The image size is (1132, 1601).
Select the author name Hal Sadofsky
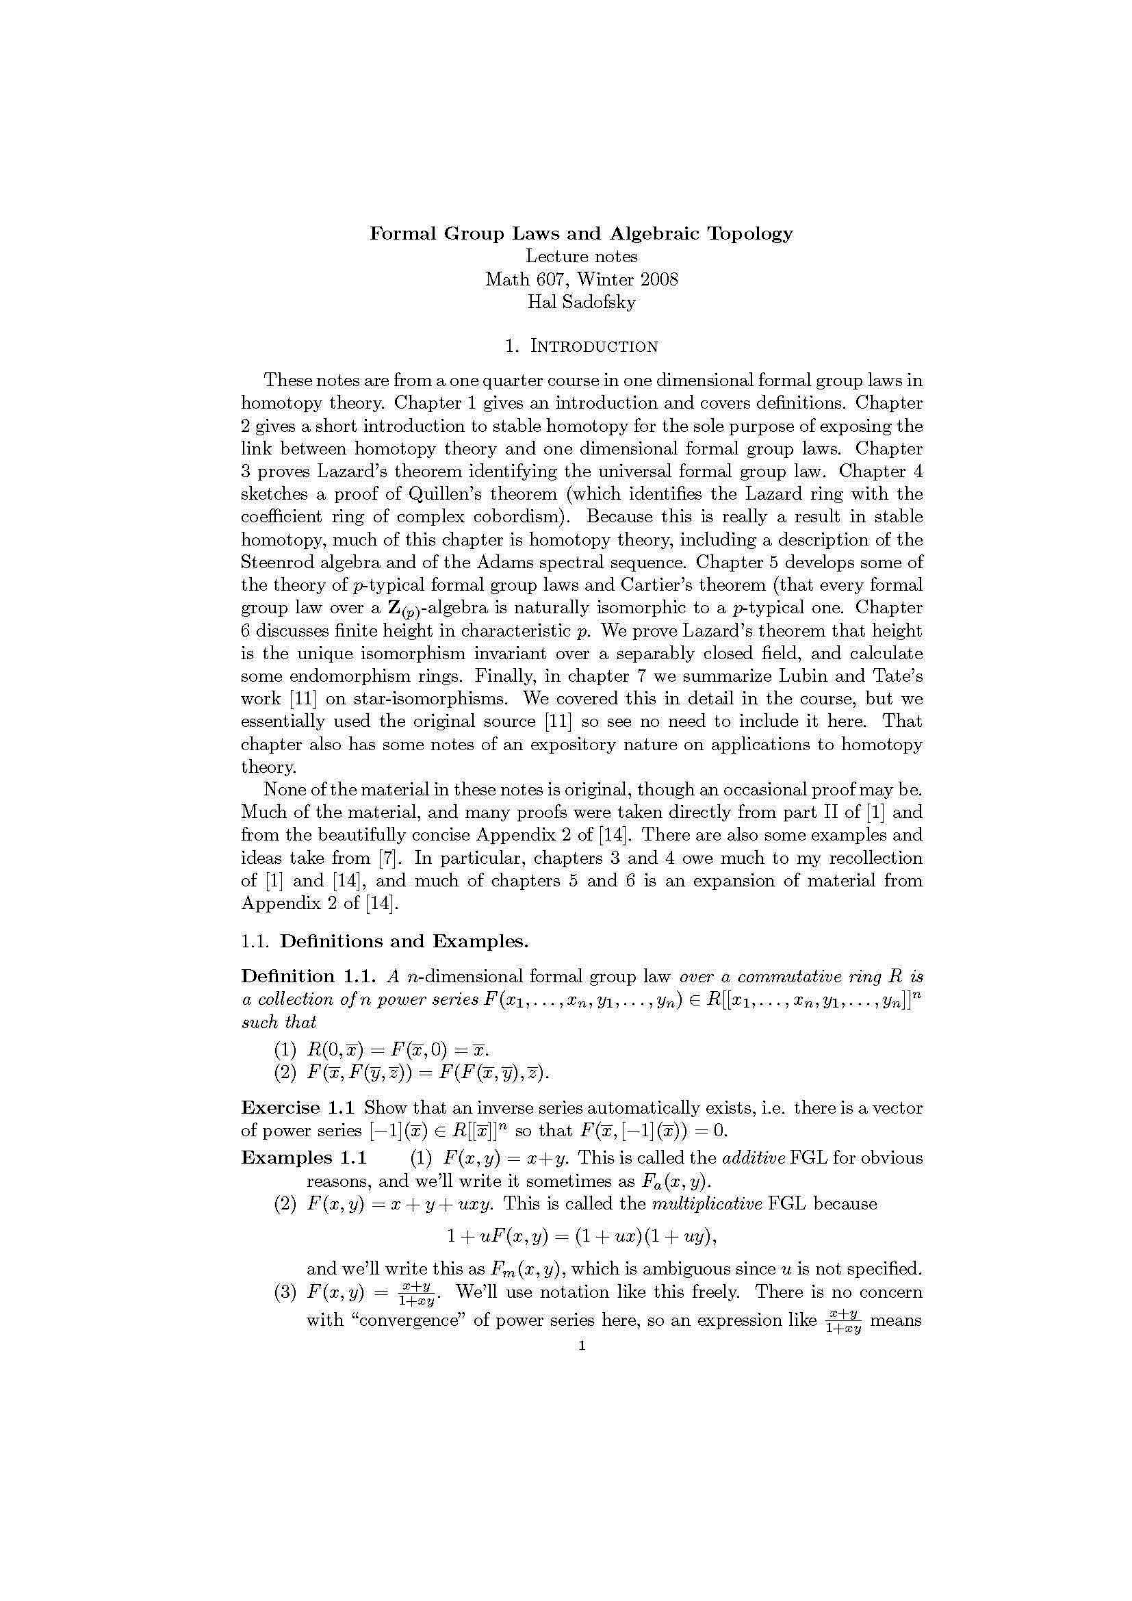click(x=581, y=302)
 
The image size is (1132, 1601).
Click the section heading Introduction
click(x=594, y=346)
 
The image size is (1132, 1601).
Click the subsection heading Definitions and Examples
click(x=404, y=941)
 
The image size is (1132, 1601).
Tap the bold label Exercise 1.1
click(x=298, y=1107)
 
